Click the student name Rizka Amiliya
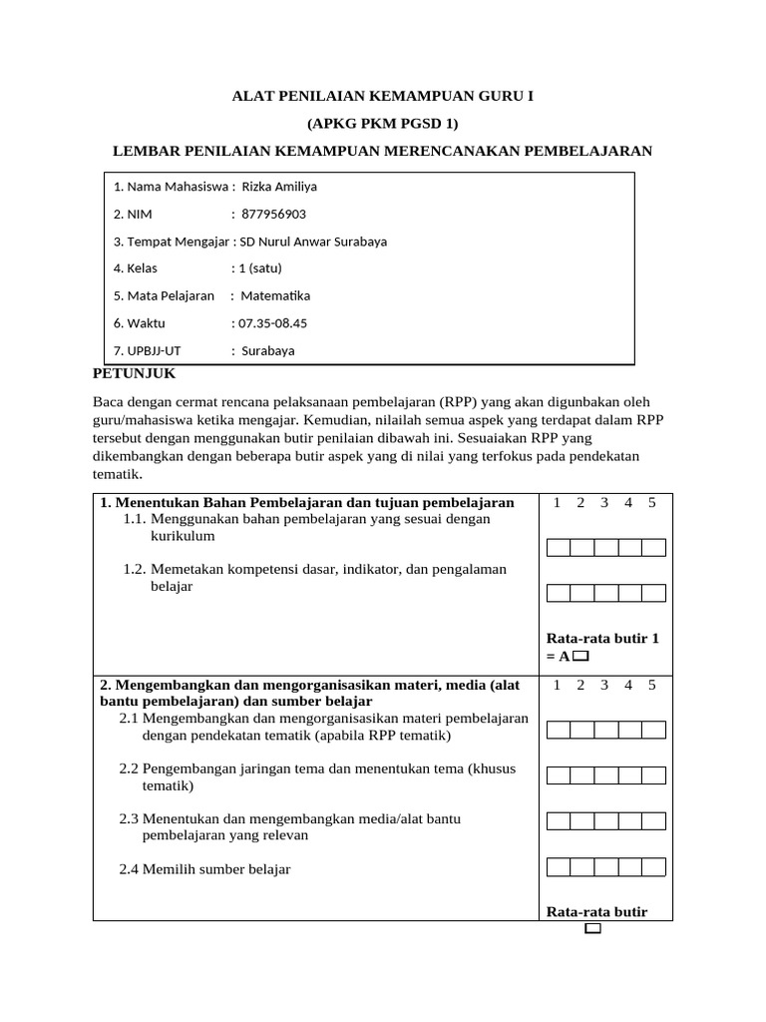pyautogui.click(x=279, y=187)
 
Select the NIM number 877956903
pyautogui.click(x=273, y=214)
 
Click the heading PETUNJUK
pyautogui.click(x=134, y=373)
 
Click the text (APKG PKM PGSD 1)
pyautogui.click(x=382, y=124)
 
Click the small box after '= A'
pyautogui.click(x=581, y=657)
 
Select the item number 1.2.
pyautogui.click(x=135, y=569)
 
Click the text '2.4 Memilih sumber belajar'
pyautogui.click(x=204, y=869)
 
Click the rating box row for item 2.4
pyautogui.click(x=606, y=866)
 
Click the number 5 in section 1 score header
pyautogui.click(x=651, y=503)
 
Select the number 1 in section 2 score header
pyautogui.click(x=557, y=685)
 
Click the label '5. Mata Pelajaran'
pyautogui.click(x=164, y=296)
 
